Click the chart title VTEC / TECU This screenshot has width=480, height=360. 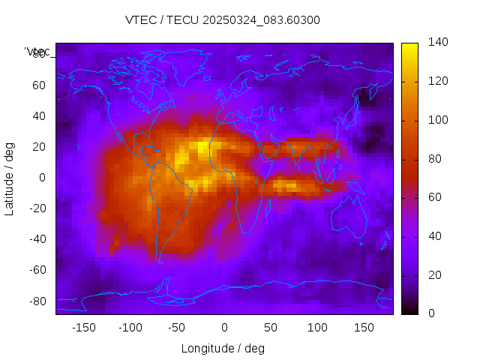click(x=222, y=20)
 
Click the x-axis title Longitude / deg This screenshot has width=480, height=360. click(x=223, y=348)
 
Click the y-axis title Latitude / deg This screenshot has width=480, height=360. click(x=10, y=178)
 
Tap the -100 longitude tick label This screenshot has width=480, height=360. click(x=130, y=328)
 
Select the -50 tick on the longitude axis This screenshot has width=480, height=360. click(x=177, y=328)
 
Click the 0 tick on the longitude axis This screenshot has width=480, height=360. click(x=223, y=328)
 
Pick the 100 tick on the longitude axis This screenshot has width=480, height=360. click(x=316, y=328)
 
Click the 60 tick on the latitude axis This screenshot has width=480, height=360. click(x=38, y=85)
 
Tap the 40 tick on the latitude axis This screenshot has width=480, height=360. click(x=38, y=116)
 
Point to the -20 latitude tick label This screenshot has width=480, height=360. click(x=35, y=208)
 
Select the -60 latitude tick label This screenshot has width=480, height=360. click(x=35, y=270)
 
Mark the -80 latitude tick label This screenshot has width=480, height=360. click(x=35, y=301)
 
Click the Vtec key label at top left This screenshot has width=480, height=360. click(x=37, y=52)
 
